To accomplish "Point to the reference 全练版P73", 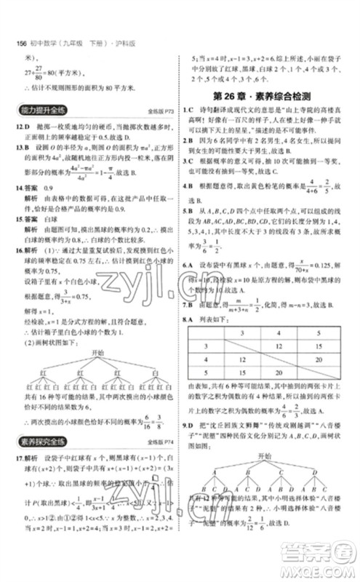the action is [152, 113].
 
